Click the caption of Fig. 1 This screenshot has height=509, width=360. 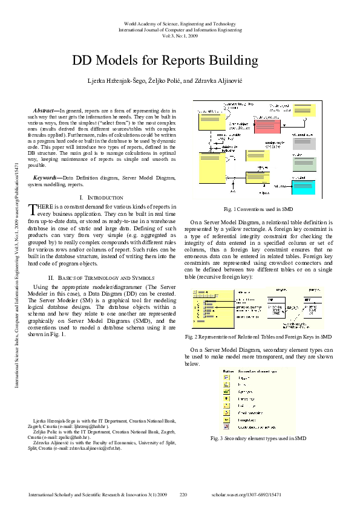(258, 209)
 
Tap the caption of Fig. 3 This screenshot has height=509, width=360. (258, 438)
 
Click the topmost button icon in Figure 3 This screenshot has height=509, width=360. (226, 377)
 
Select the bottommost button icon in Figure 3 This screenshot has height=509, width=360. (226, 426)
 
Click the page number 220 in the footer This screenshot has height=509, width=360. (184, 494)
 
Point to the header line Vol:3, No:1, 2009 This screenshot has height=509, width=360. (180, 35)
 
